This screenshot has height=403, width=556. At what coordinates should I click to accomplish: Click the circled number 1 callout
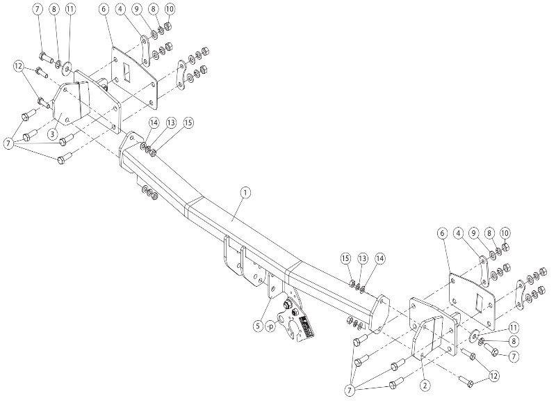pyautogui.click(x=245, y=193)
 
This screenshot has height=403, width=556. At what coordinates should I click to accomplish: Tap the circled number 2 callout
pyautogui.click(x=425, y=385)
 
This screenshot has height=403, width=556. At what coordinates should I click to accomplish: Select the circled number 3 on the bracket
pyautogui.click(x=52, y=134)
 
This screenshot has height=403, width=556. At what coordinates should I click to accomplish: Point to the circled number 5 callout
pyautogui.click(x=259, y=326)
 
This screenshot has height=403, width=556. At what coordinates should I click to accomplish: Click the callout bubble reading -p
pyautogui.click(x=270, y=326)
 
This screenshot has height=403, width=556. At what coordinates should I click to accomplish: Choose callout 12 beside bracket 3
pyautogui.click(x=19, y=66)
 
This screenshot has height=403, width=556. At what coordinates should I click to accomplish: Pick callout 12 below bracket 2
pyautogui.click(x=493, y=375)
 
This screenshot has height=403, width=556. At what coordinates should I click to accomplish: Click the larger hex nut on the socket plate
pyautogui.click(x=287, y=305)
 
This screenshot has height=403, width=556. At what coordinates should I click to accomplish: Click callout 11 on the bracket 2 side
pyautogui.click(x=514, y=327)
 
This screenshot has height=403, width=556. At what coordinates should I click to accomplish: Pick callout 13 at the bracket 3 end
pyautogui.click(x=171, y=123)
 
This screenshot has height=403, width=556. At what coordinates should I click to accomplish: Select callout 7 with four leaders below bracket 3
pyautogui.click(x=8, y=144)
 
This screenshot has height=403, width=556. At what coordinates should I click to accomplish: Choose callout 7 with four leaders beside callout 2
pyautogui.click(x=350, y=390)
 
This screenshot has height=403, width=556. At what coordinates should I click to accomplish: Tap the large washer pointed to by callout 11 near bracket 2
pyautogui.click(x=474, y=335)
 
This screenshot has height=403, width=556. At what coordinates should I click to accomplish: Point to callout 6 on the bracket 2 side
pyautogui.click(x=442, y=233)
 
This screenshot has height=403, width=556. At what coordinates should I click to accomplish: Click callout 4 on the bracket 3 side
pyautogui.click(x=120, y=10)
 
